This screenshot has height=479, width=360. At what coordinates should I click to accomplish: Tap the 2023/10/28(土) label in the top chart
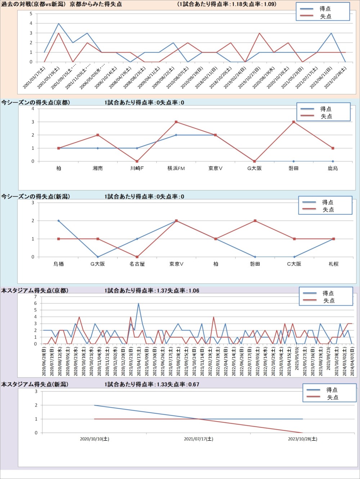click(336, 77)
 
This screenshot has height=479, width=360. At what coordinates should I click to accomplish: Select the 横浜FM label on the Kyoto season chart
click(176, 169)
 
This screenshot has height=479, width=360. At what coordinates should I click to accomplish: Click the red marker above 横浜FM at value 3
click(176, 122)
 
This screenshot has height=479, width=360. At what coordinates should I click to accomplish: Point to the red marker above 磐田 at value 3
click(294, 122)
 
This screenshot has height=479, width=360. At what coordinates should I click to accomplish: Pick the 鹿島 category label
click(333, 169)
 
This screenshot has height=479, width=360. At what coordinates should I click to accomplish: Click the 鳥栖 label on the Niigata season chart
click(59, 264)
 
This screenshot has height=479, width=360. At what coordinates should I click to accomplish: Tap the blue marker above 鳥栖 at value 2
click(59, 221)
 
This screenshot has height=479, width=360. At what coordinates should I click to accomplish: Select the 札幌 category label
click(333, 264)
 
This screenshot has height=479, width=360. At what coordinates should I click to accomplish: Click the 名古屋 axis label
click(137, 264)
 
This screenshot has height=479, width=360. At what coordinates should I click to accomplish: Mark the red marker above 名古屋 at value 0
click(137, 257)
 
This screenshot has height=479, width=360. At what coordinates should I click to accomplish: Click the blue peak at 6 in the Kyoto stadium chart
click(138, 304)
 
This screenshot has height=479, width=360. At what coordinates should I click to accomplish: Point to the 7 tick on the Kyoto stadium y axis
click(35, 297)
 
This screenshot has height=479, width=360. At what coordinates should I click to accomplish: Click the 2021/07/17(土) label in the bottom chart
click(198, 439)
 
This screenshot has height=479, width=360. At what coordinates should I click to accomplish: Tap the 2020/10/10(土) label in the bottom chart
click(94, 439)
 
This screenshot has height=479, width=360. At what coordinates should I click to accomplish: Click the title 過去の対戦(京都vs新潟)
click(34, 4)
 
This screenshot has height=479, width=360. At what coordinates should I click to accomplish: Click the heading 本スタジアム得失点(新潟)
click(35, 384)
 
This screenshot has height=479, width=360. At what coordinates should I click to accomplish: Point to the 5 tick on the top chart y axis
click(31, 14)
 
